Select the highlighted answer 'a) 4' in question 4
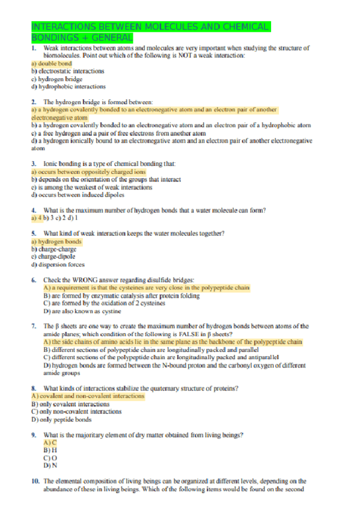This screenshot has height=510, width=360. pos(38,218)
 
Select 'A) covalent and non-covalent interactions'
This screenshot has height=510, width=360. pos(87,396)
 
